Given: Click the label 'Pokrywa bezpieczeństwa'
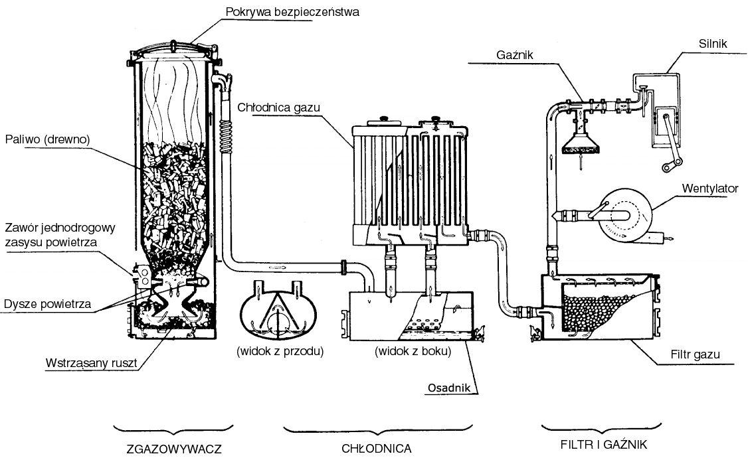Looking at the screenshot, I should click(292, 12).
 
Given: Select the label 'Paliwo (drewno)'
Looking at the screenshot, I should click(47, 139).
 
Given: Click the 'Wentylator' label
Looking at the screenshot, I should click(710, 189).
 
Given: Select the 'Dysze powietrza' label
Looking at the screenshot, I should click(46, 305).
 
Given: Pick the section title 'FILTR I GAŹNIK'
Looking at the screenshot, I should click(603, 443).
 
